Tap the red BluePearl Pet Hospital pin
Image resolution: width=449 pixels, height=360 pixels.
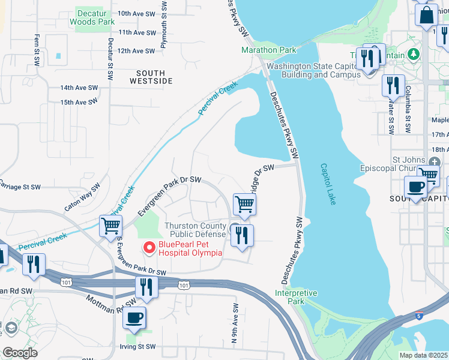coord(148,247)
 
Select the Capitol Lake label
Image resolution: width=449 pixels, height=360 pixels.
coord(328,184)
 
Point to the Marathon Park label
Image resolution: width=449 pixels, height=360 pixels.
coord(269,50)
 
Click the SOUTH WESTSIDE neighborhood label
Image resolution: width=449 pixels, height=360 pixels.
coord(150,76)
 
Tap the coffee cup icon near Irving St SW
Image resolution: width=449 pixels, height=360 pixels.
coord(134,317)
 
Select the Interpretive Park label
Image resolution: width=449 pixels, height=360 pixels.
coord(296,297)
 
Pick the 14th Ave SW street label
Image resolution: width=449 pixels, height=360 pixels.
coord(79,88)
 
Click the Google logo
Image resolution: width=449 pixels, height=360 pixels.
coord(20,352)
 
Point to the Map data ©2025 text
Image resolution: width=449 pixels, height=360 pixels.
coord(424,355)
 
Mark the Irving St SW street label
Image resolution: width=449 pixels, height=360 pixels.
coord(137,347)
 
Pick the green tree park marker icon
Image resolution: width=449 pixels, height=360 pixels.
coord(413,55)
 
